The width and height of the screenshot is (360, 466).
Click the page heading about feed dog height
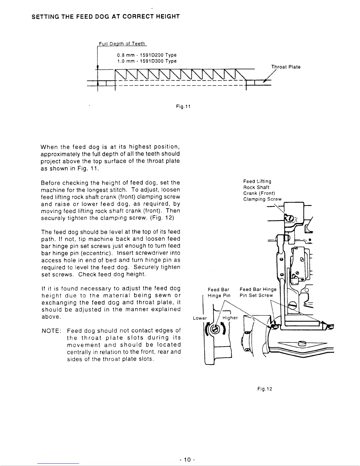click(x=106, y=16)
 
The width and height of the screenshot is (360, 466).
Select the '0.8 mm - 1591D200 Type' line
click(x=146, y=55)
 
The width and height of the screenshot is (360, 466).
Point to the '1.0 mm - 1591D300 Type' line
click(x=146, y=61)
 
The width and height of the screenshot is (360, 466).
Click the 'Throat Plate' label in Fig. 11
click(x=286, y=67)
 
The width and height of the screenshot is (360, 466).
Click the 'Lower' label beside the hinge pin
click(x=200, y=318)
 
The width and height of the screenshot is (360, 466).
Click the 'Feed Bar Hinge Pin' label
click(x=219, y=292)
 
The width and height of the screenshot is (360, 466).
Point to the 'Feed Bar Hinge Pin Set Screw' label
click(x=258, y=292)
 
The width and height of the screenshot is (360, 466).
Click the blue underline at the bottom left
click(x=59, y=463)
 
